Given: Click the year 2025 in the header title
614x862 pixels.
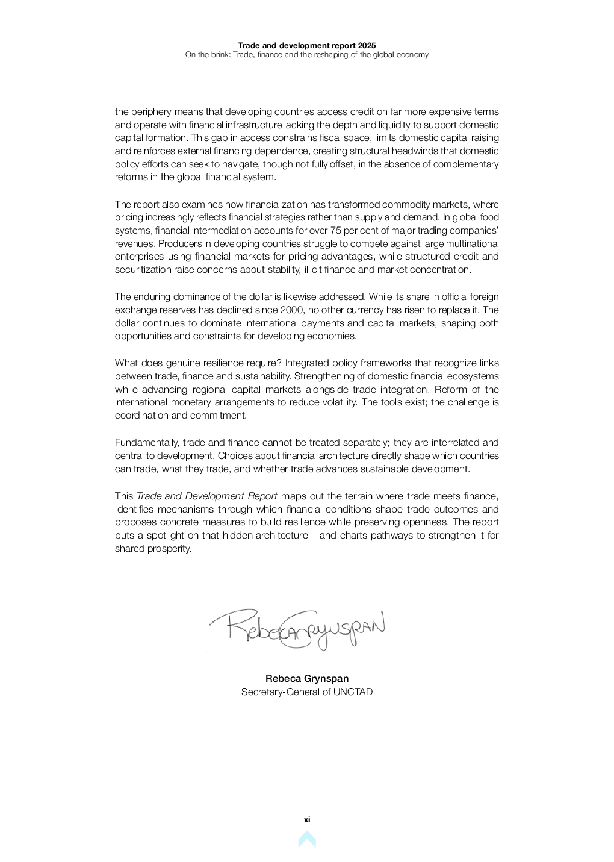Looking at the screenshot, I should click(x=367, y=45).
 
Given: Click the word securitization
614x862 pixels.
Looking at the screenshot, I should click(x=143, y=270).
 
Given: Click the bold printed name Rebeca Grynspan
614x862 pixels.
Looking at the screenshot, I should click(x=307, y=679).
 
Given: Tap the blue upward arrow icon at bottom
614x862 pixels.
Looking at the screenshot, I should click(x=307, y=839).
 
